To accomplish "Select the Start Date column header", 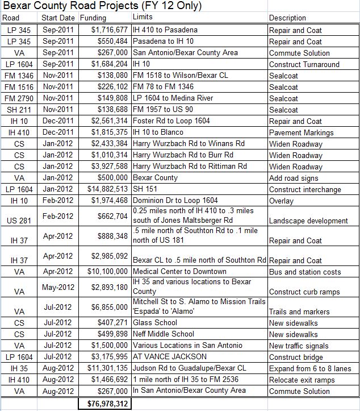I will [58, 18].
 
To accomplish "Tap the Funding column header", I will [93, 18].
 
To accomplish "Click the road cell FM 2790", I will [19, 98].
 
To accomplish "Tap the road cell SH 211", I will [19, 110].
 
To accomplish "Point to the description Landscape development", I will [308, 221].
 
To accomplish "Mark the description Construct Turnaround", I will [304, 64].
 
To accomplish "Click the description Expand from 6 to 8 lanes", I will [310, 368].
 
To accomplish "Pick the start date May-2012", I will [58, 287].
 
